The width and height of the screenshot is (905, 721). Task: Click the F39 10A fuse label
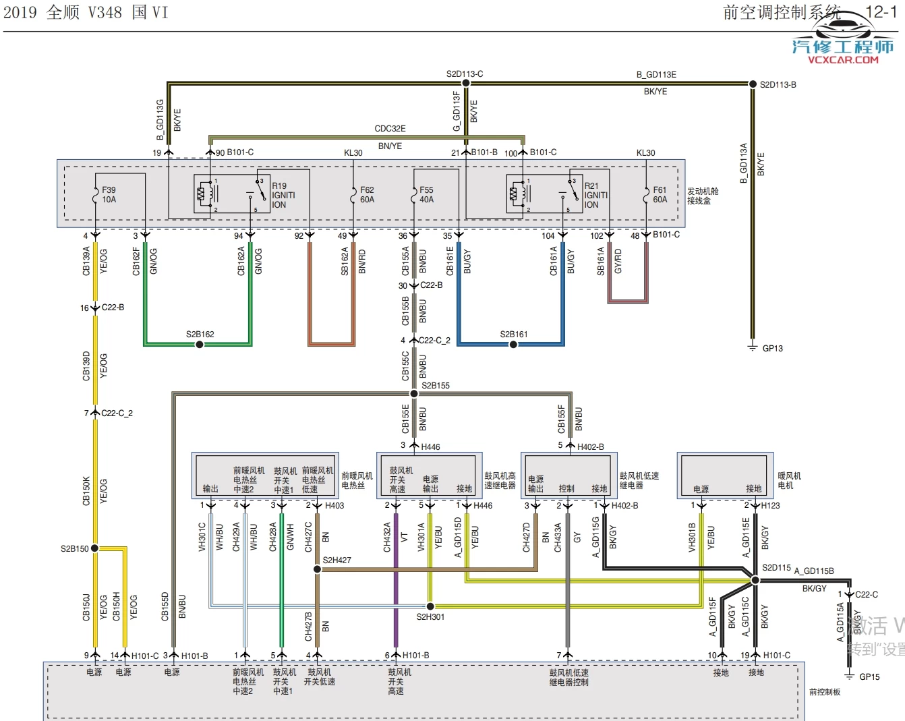click(x=109, y=195)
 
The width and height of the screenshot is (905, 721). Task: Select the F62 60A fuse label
click(x=367, y=195)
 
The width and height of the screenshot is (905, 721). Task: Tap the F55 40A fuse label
click(x=426, y=195)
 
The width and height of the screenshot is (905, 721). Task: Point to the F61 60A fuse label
click(x=660, y=195)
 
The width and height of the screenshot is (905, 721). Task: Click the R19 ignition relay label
click(x=283, y=195)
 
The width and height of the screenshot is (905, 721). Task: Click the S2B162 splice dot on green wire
click(x=200, y=345)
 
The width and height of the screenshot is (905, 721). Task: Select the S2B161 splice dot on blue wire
click(x=513, y=345)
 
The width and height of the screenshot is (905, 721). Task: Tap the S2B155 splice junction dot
click(x=414, y=394)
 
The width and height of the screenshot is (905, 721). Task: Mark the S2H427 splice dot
click(x=317, y=569)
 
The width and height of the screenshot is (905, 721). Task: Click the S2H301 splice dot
click(x=430, y=606)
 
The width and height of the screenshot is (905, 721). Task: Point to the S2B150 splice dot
click(x=95, y=548)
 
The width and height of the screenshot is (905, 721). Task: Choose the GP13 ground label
click(x=772, y=349)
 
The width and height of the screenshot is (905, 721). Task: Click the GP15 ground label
click(x=869, y=677)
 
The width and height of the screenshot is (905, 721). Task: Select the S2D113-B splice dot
click(x=753, y=84)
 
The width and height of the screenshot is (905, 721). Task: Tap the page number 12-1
click(x=881, y=12)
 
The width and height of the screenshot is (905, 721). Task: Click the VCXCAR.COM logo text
click(x=843, y=59)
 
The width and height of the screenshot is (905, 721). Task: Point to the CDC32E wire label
click(x=390, y=129)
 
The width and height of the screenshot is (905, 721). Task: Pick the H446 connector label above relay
click(x=430, y=447)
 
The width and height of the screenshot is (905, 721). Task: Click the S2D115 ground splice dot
click(x=755, y=580)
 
